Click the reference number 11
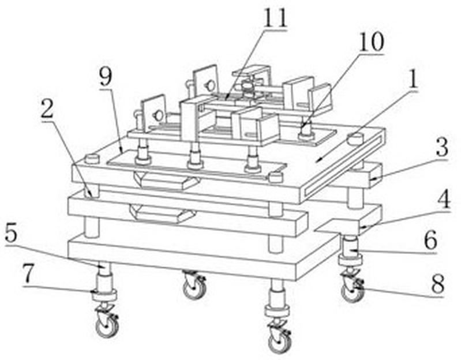(x=275, y=18)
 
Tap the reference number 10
(x=372, y=42)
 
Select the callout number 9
(x=106, y=76)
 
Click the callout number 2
(x=47, y=108)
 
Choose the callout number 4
(x=444, y=199)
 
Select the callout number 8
(x=437, y=284)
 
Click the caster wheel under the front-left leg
(x=107, y=326)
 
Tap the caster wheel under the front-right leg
(x=280, y=342)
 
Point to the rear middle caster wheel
(x=194, y=288)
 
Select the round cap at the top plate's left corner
(x=92, y=159)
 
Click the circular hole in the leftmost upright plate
(x=159, y=115)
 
